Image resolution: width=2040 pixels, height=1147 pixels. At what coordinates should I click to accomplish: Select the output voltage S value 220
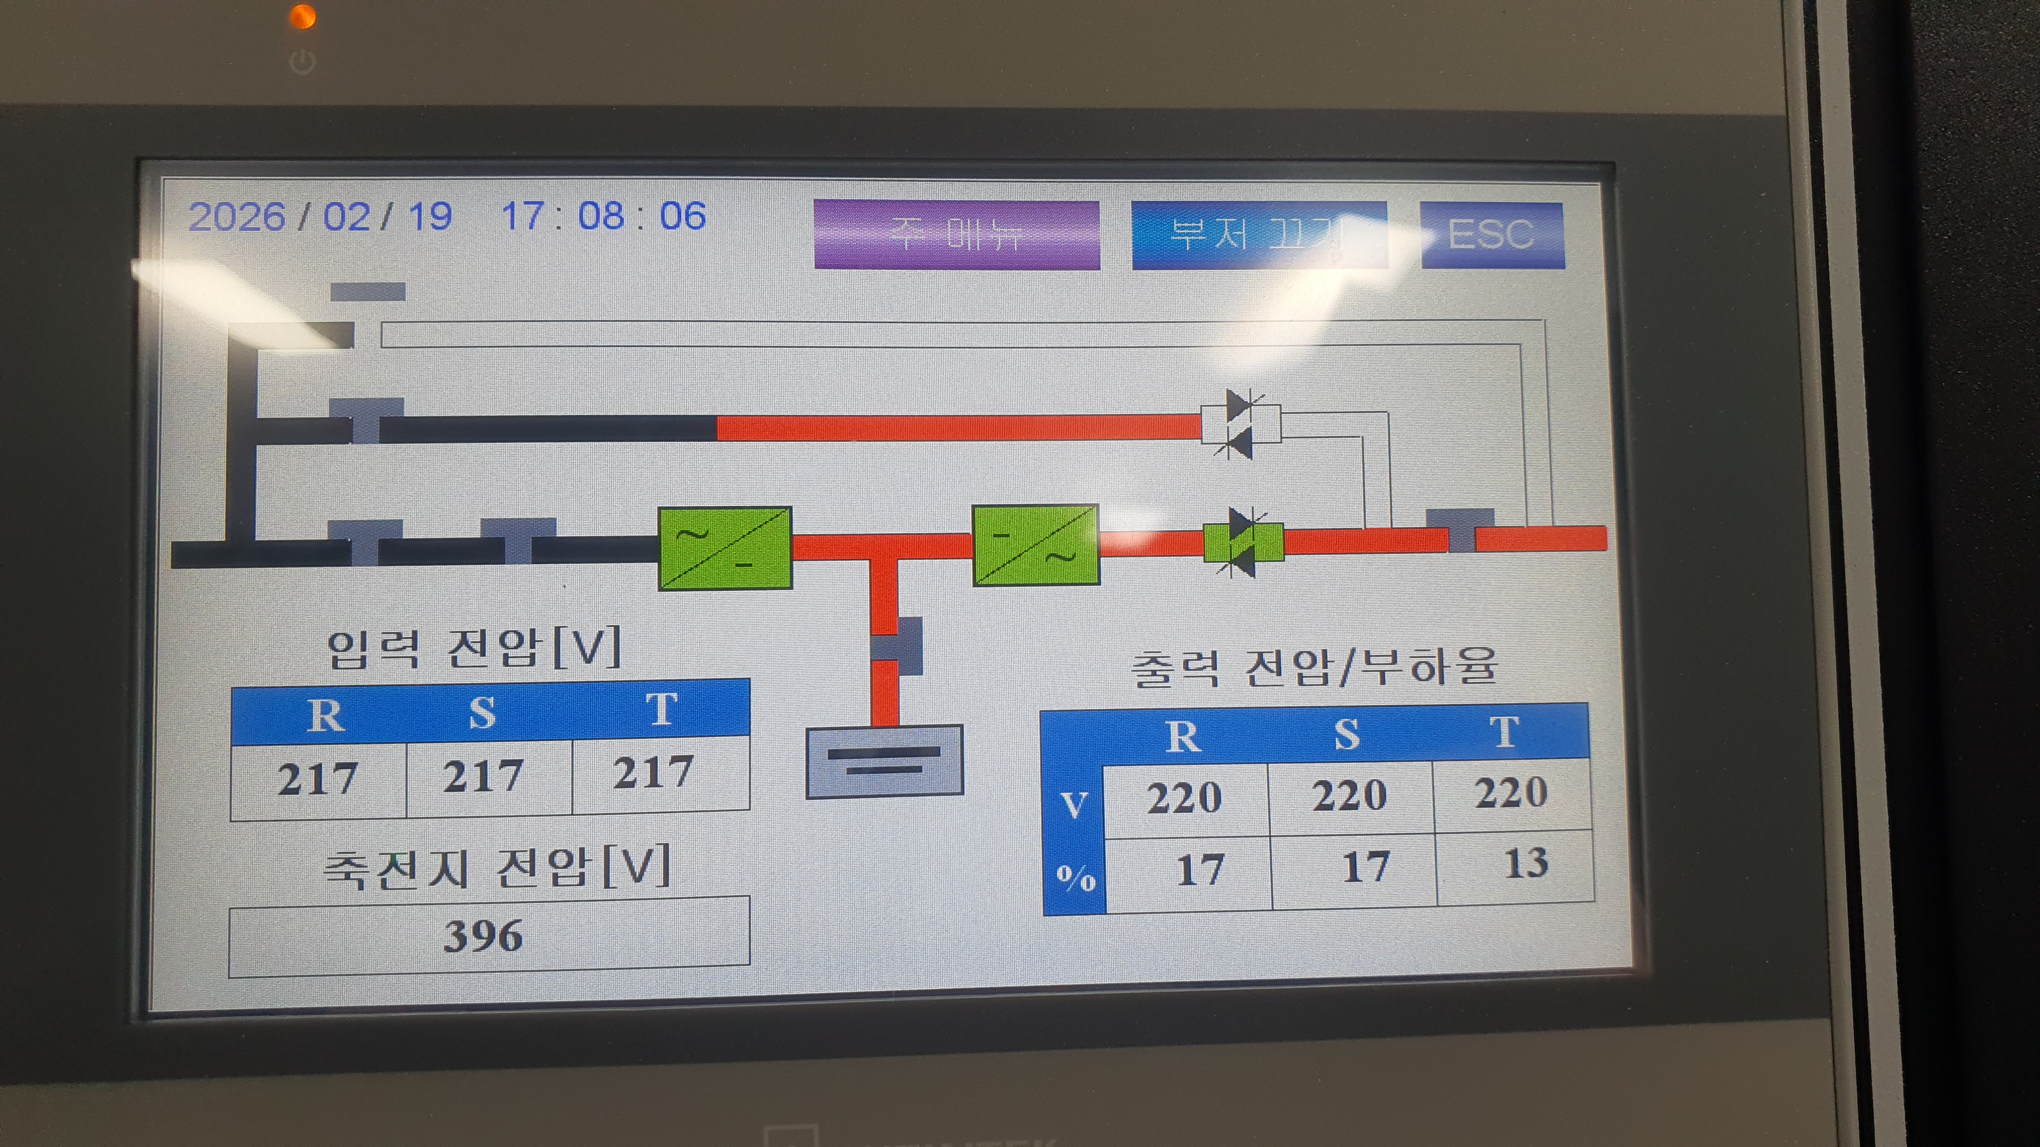click(1349, 796)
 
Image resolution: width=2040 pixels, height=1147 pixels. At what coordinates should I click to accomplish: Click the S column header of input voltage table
click(482, 713)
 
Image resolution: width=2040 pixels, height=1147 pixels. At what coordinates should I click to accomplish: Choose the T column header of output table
click(1504, 733)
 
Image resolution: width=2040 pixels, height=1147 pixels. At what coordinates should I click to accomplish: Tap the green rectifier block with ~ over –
click(725, 548)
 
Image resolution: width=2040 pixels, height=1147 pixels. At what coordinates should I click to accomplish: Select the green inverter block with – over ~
click(1035, 545)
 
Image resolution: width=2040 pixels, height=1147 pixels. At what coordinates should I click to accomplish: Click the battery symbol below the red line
click(884, 761)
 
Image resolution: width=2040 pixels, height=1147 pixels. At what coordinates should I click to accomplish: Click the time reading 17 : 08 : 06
click(604, 216)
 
